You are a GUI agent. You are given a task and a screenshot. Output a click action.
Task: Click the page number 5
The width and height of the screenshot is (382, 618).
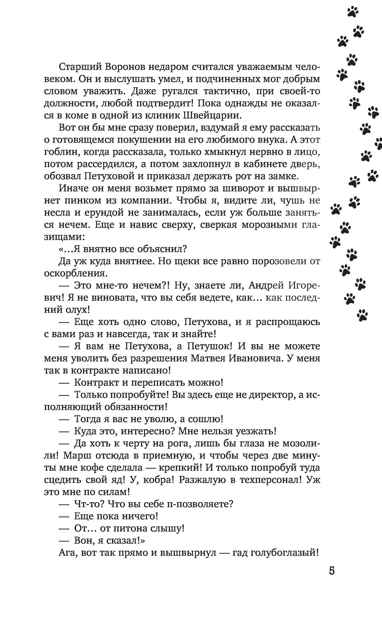click(x=332, y=571)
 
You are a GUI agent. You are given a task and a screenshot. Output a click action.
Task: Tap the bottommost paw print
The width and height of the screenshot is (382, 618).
click(x=362, y=315)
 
